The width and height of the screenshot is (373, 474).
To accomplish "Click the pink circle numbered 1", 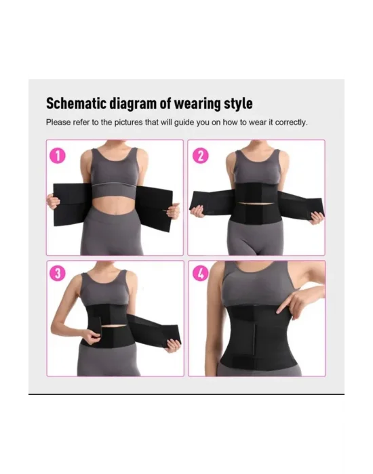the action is [x=57, y=156].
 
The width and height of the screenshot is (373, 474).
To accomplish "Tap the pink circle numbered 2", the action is [x=201, y=156].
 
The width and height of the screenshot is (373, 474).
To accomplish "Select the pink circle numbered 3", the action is [x=57, y=273].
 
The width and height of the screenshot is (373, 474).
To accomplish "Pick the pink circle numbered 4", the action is [x=201, y=274].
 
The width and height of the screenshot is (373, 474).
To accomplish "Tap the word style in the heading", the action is [x=238, y=104].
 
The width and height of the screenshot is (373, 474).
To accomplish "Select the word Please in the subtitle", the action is [x=58, y=123].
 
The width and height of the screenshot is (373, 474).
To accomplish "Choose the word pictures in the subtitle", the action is [x=128, y=123].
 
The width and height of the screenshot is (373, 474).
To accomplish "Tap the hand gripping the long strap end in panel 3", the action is [x=173, y=346].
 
